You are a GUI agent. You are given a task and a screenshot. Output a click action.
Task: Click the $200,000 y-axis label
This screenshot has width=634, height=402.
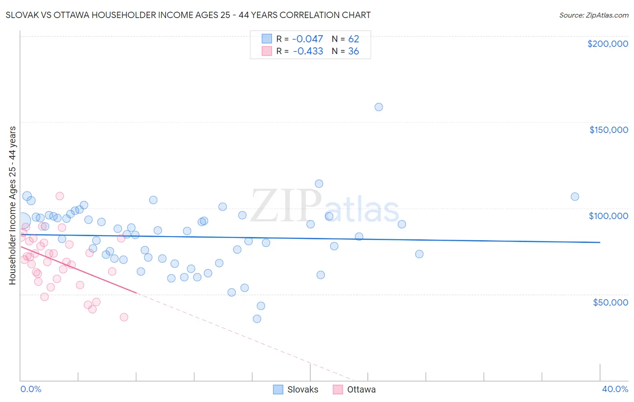[607, 44]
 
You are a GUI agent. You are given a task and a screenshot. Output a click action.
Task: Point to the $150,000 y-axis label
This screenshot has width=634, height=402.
[608, 130]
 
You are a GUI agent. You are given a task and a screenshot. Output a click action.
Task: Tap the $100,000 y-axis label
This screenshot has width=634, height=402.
[608, 216]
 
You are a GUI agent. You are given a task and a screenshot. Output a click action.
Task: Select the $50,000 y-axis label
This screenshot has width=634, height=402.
[610, 302]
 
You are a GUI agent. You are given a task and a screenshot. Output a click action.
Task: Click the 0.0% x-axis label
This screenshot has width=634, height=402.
[31, 389]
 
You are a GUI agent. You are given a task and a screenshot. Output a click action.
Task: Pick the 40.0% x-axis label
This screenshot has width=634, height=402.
[615, 389]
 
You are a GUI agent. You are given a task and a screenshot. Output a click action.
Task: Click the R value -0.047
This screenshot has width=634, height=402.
[308, 39]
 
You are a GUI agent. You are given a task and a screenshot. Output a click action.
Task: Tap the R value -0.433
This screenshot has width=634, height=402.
[308, 51]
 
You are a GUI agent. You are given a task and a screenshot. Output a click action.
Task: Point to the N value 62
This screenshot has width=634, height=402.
[354, 39]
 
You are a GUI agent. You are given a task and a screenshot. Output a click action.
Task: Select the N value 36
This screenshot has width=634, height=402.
[354, 51]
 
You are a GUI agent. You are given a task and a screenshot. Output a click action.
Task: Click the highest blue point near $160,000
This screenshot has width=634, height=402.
[379, 107]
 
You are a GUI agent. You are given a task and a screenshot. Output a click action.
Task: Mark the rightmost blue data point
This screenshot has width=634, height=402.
[575, 196]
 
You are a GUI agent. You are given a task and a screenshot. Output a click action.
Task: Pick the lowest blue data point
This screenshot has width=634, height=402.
[257, 319]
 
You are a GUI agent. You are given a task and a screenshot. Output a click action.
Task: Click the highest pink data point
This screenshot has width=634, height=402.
[60, 196]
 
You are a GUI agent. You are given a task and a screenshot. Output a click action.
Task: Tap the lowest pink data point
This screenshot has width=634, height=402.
[124, 317]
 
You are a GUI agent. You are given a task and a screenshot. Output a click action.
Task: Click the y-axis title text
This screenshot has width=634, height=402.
[12, 205]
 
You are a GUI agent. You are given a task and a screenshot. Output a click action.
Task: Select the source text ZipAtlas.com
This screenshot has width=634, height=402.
[593, 15]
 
